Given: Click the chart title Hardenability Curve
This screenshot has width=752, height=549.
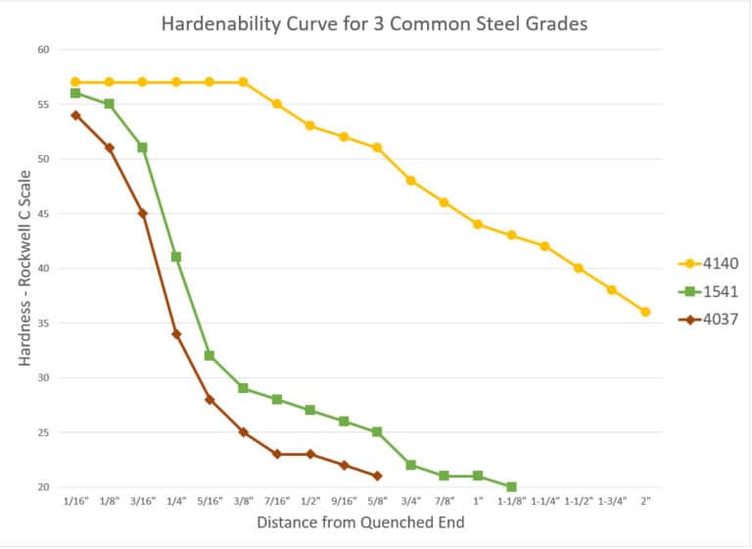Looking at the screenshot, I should [376, 24].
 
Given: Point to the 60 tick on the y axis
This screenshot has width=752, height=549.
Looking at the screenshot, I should [43, 49].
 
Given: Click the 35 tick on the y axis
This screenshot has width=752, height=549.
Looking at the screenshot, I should [43, 323].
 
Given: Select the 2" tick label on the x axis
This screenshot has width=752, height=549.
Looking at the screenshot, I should [645, 499].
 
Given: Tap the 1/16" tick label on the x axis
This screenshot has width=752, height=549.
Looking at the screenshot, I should [75, 499].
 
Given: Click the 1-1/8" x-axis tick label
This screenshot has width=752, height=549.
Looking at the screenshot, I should [511, 499].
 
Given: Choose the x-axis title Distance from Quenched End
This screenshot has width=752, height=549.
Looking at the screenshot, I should [360, 523].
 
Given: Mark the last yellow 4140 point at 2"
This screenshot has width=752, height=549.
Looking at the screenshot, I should [645, 312].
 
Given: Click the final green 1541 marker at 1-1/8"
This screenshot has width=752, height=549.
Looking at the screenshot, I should [511, 486].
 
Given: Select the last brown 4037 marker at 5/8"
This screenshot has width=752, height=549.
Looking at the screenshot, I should [377, 475].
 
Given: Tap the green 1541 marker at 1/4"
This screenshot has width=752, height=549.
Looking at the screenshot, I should [176, 257].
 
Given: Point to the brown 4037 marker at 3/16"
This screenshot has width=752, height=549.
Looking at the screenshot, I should [143, 213].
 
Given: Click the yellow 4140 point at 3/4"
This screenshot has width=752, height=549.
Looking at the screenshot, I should [410, 180].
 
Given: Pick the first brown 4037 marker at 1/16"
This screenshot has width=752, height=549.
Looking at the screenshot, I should [75, 115].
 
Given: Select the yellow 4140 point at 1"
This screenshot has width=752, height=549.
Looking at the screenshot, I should [478, 224].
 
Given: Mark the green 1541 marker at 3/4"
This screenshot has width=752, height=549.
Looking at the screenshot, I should [410, 465].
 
